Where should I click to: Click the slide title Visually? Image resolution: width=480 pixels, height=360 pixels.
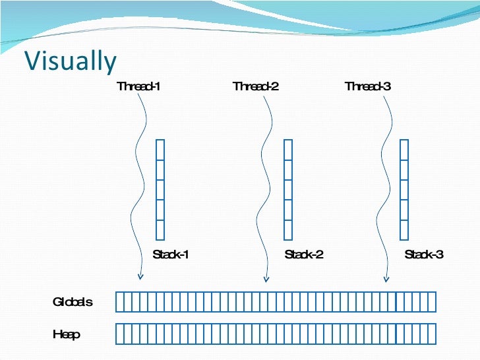tap(71, 61)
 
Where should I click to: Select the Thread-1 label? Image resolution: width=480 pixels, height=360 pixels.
tap(138, 86)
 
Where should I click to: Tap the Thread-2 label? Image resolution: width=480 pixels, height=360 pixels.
tap(256, 86)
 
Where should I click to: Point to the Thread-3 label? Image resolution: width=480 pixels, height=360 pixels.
tap(369, 86)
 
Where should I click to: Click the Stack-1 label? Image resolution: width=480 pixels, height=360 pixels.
tap(171, 255)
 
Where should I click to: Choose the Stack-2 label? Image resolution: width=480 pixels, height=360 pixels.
tap(304, 255)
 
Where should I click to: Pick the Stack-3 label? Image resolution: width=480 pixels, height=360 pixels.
tap(424, 255)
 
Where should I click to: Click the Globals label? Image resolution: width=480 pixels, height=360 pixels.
tap(73, 302)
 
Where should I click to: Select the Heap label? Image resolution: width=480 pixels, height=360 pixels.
tap(67, 335)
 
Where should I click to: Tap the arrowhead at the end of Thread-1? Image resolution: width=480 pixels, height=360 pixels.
tap(140, 277)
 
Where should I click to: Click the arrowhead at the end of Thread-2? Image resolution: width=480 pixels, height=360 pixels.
tap(266, 278)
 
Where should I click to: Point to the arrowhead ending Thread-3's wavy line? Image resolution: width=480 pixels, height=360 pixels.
tap(384, 278)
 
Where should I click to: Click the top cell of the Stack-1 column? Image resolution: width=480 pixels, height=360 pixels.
tap(160, 149)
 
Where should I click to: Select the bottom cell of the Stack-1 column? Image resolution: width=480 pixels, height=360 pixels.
tap(160, 229)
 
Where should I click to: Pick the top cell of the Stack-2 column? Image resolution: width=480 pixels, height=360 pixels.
tap(288, 149)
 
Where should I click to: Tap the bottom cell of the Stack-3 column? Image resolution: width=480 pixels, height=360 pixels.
tap(404, 229)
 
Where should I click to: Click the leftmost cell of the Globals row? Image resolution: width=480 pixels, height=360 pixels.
tap(120, 302)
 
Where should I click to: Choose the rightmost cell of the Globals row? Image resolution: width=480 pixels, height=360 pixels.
tap(432, 302)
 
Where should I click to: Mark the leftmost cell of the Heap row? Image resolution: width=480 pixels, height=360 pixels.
tap(120, 334)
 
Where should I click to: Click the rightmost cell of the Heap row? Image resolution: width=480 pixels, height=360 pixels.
tap(432, 334)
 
